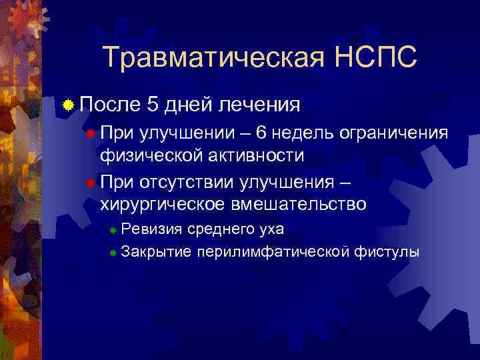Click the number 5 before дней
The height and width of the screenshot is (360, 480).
pyautogui.click(x=153, y=104)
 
